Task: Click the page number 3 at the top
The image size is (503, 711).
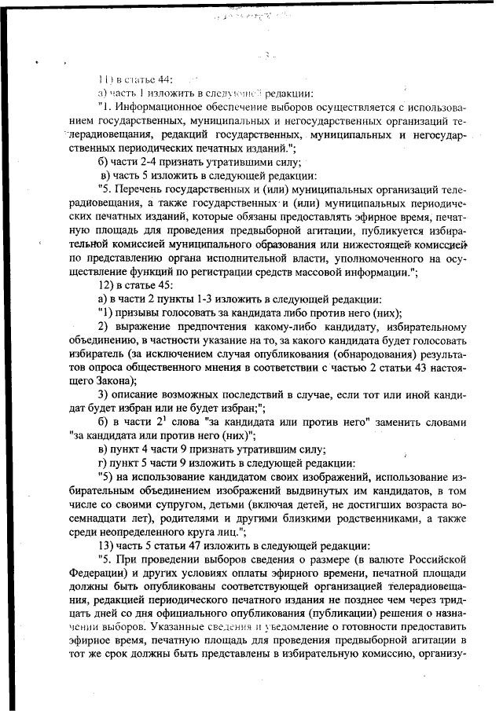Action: pyautogui.click(x=268, y=55)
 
